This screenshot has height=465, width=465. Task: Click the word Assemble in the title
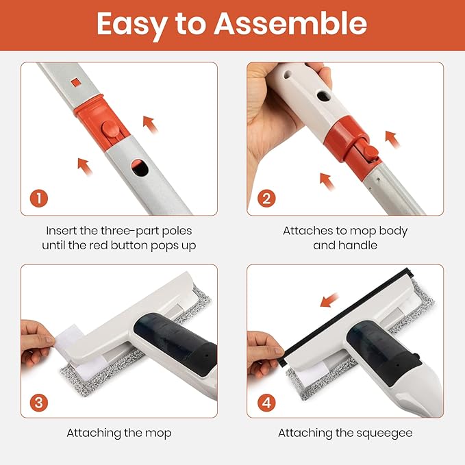pos(290,24)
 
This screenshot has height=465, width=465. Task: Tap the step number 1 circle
pos(39,199)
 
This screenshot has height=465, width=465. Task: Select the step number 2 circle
pos(266,199)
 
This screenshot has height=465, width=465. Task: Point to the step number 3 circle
pos(39,403)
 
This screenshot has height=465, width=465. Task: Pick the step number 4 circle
pos(266,403)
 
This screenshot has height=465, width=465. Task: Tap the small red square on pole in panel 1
pos(76,82)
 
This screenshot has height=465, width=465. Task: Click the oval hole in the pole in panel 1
pos(140,168)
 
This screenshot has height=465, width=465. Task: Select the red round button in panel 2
pos(371,152)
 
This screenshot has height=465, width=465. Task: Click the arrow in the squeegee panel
pos(329,300)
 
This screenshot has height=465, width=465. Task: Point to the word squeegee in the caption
pos(384,433)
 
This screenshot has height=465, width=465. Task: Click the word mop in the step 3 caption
pos(158,433)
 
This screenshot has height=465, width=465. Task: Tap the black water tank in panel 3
pos(175,343)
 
